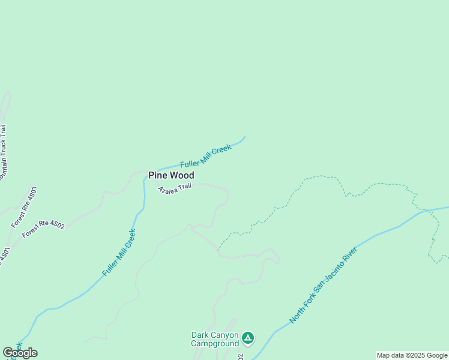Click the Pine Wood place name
[x=171, y=175]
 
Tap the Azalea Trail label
[x=174, y=189]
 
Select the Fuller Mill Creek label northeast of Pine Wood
[x=205, y=156]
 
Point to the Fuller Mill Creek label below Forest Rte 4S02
[x=119, y=253]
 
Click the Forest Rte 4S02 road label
[x=43, y=229]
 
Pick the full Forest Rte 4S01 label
[x=24, y=207]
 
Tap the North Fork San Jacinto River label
[x=324, y=285]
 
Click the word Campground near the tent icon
[x=215, y=344]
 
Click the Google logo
[x=20, y=353]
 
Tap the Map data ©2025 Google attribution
[x=412, y=355]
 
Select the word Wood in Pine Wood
[x=181, y=175]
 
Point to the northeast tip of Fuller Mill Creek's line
[x=245, y=137]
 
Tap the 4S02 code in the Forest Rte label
[x=58, y=224]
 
